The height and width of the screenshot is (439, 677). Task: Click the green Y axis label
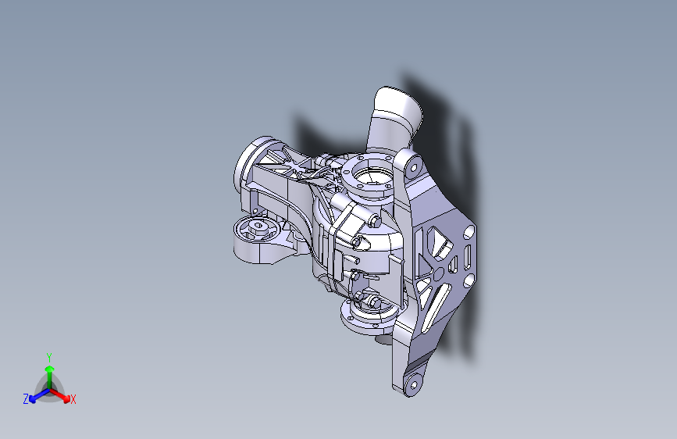[48, 356]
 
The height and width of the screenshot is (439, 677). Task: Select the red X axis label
[73, 400]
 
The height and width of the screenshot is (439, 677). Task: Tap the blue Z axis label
[26, 399]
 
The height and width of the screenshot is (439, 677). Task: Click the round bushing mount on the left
[255, 231]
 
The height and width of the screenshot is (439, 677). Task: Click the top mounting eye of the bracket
[408, 165]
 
